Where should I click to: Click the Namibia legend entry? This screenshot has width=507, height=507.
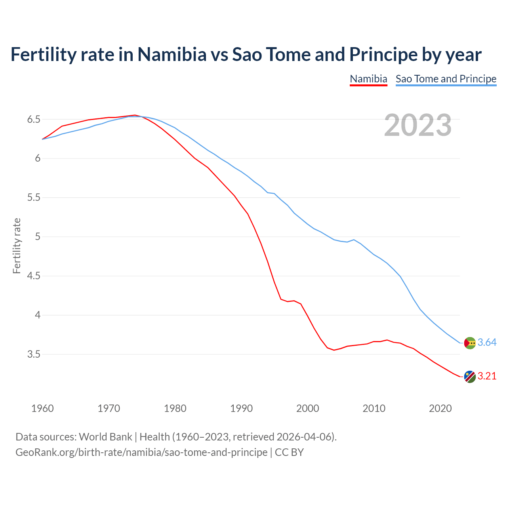368,79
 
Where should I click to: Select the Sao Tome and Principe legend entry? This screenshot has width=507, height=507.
446,79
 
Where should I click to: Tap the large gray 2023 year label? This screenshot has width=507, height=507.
418,125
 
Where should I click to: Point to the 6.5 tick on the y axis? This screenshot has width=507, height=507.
34,119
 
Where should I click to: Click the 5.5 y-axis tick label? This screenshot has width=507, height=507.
34,197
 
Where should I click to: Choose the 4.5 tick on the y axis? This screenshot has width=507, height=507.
34,276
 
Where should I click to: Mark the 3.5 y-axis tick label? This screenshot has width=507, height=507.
34,354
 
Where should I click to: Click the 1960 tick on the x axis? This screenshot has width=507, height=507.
42,408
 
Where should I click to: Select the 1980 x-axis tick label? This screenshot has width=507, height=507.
175,408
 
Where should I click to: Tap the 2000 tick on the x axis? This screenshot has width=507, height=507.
307,408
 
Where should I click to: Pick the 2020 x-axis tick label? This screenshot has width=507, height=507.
440,408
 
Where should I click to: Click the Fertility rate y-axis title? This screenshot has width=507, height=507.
17,246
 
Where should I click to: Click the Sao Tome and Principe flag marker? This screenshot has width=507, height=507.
470,343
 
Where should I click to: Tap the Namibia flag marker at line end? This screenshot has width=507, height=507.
470,377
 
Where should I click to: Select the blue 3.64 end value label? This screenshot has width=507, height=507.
487,343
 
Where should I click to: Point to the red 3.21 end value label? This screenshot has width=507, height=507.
487,376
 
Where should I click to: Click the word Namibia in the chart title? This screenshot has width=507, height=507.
172,54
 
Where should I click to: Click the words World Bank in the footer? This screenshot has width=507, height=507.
105,437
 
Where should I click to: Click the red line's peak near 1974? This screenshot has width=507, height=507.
135,115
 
